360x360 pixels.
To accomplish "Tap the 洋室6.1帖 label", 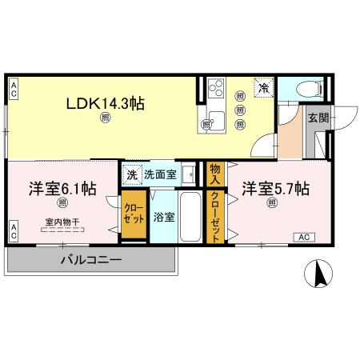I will click(x=62, y=189).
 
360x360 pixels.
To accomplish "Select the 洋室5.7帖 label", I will click(x=276, y=189).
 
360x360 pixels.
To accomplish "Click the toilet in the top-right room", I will click(x=309, y=89).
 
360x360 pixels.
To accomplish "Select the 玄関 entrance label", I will click(x=318, y=118).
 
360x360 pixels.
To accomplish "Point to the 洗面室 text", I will click(x=160, y=173).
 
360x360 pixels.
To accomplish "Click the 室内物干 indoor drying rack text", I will click(x=62, y=223).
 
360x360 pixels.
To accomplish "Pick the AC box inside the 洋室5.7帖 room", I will click(x=304, y=237).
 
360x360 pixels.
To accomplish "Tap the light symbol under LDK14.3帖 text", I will click(x=106, y=119).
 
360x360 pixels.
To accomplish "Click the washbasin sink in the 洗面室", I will click(x=188, y=173).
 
